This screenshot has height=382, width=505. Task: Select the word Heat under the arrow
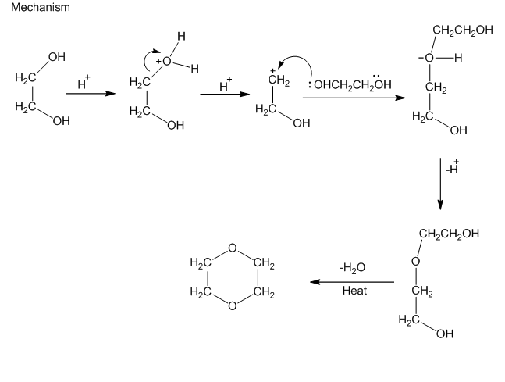(x=354, y=291)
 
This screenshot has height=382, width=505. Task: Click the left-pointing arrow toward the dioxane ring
(x=351, y=280)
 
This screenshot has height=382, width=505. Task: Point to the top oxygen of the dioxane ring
(x=232, y=248)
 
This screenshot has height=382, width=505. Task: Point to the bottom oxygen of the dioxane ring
(x=232, y=307)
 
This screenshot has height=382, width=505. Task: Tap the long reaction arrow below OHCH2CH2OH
(x=353, y=98)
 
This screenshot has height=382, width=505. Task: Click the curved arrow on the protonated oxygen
(x=146, y=59)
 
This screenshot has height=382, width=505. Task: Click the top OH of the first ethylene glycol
(x=56, y=57)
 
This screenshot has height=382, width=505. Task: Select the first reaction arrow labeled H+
(x=85, y=93)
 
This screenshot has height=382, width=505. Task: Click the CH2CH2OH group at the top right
(x=462, y=31)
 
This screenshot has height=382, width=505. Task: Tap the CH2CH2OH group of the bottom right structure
(x=448, y=234)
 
